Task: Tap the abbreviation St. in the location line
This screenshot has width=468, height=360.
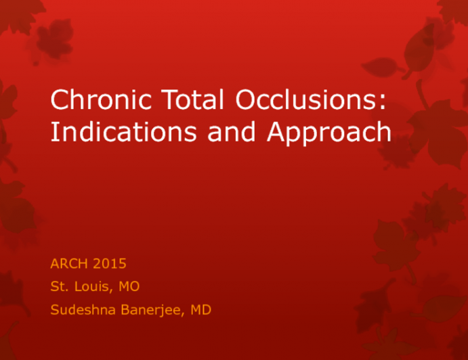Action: tap(60, 287)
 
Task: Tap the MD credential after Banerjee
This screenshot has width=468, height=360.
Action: tap(198, 310)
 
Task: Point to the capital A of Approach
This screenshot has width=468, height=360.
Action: tap(276, 133)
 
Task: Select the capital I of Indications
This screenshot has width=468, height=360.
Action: tap(54, 133)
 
